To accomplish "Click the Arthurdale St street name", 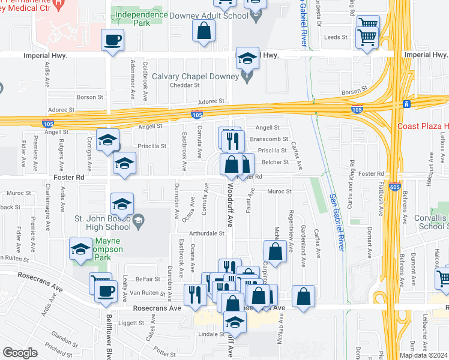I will click(x=205, y=233).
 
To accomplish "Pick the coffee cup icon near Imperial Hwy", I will click(x=112, y=41).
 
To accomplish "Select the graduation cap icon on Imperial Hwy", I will click(x=247, y=59).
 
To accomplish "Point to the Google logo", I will click(x=20, y=352).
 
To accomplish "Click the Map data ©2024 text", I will click(x=424, y=355).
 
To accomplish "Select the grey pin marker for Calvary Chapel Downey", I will click(x=247, y=76).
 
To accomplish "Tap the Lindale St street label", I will click(x=209, y=334).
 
